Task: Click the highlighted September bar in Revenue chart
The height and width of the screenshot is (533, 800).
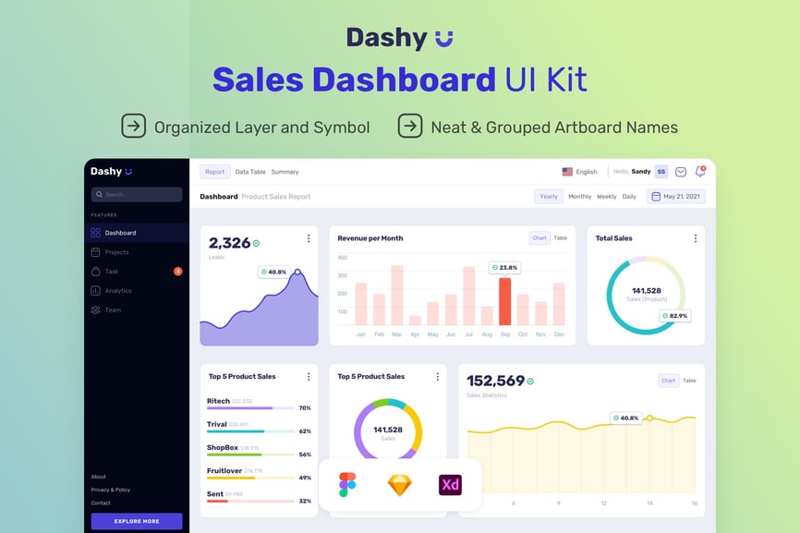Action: [504, 301]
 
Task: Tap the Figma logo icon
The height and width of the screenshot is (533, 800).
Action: [347, 485]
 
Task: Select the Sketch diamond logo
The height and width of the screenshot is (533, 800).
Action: [400, 485]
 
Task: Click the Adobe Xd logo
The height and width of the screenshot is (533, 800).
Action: [450, 485]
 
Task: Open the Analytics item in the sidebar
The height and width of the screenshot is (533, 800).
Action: [117, 291]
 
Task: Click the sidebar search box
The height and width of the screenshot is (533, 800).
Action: [137, 195]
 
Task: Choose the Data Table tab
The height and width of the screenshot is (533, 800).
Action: [250, 172]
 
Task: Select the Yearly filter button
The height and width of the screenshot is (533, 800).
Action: [549, 197]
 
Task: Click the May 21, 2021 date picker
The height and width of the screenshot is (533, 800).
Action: [677, 197]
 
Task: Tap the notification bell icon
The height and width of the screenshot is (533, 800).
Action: [700, 172]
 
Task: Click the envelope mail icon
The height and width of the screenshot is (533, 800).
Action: [681, 172]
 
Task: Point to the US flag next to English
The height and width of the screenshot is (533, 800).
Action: [567, 172]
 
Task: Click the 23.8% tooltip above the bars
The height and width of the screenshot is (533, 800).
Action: [505, 268]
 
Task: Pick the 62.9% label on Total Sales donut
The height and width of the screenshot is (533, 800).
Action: [675, 316]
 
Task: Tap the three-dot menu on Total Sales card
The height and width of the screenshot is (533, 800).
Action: [696, 238]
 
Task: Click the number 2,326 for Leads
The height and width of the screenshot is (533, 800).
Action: [230, 243]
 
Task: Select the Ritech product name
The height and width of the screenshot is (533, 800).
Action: [218, 401]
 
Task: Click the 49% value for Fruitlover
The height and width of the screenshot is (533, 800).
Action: [305, 478]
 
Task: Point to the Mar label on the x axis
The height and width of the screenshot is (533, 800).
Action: [396, 334]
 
